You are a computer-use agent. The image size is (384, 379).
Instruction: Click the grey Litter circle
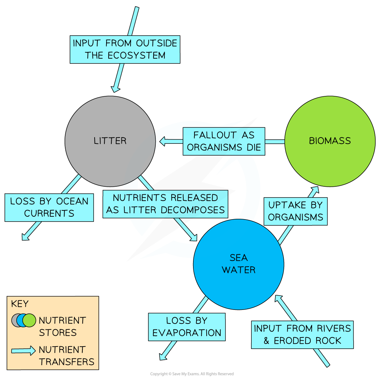point(110,141)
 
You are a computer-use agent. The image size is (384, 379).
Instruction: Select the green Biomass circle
point(330,141)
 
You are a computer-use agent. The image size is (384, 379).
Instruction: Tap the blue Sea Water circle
point(238,264)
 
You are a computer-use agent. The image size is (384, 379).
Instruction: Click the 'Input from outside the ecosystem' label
point(125,49)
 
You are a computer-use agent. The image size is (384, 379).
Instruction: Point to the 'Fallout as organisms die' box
point(224,141)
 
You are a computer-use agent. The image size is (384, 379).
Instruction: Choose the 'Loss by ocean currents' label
point(49,207)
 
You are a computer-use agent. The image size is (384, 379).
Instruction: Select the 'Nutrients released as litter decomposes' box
point(165,204)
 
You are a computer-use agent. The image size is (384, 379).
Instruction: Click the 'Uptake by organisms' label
point(295,211)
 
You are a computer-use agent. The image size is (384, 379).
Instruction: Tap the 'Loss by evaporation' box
point(187,327)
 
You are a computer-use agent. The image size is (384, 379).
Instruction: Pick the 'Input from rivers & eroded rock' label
point(302,335)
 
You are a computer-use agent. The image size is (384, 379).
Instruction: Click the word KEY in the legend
point(20,304)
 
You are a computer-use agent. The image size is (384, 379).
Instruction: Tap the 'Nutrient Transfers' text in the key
point(66,356)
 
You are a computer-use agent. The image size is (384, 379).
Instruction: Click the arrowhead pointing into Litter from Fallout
point(163,141)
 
